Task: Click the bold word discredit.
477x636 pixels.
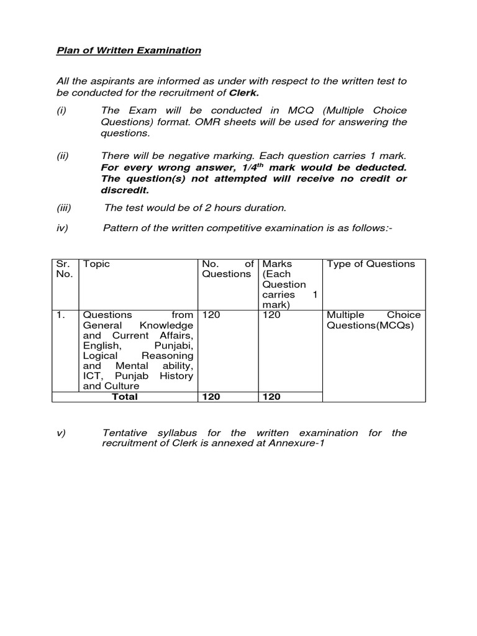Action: [125, 190]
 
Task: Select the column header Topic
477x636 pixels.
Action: [96, 264]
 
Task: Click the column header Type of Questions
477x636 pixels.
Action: [371, 264]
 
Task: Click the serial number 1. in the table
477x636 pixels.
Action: [60, 315]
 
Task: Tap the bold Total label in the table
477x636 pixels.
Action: [125, 397]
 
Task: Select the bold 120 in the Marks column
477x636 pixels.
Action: [271, 397]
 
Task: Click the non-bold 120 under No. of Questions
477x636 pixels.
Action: [211, 315]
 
